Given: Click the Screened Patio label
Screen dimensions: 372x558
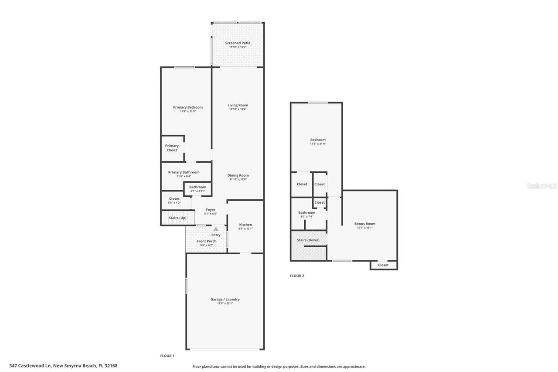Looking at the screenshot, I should [238, 43].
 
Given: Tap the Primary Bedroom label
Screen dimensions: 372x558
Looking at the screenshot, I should [187, 107].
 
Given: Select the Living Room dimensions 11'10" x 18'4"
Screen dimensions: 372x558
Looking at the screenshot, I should [238, 109].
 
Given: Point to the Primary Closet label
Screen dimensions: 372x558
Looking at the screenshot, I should [172, 148].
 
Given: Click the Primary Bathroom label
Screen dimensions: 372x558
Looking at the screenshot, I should [184, 172].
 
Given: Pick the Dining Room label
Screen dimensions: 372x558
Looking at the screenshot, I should [238, 175].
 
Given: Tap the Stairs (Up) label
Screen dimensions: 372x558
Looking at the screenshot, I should [177, 218].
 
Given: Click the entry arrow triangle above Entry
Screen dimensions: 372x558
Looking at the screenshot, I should [216, 229].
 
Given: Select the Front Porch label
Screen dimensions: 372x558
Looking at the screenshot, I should [206, 241].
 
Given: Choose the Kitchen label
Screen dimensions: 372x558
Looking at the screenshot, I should [245, 225].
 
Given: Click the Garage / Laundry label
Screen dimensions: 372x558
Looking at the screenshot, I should [225, 299].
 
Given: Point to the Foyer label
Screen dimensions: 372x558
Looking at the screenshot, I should [211, 210].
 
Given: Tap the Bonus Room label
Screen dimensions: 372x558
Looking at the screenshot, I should [364, 224].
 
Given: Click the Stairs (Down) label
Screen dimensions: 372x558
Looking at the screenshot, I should [308, 240].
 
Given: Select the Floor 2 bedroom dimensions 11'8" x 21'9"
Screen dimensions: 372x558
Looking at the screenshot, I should [318, 143].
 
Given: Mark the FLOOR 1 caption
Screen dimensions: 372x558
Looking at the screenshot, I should [167, 356].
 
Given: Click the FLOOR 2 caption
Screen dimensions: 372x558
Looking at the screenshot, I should [297, 276].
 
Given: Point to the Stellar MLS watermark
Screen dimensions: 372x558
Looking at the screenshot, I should [541, 186].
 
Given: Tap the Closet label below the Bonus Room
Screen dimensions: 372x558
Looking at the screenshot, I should [383, 265].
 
